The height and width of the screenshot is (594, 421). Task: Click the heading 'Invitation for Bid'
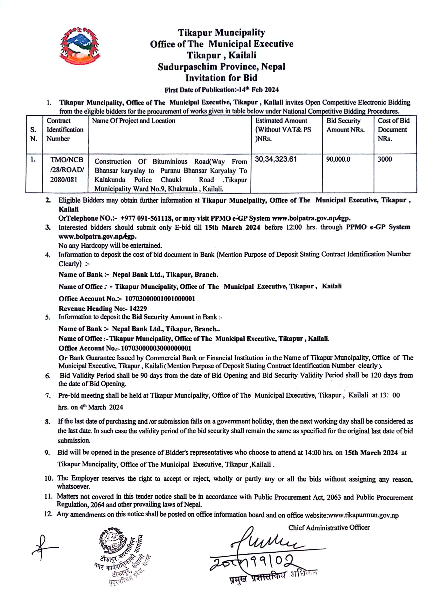(x=221, y=78)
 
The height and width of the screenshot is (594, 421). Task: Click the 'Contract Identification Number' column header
(x=65, y=129)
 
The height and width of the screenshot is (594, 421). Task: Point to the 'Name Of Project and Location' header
(x=133, y=121)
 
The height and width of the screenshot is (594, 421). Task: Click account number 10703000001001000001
(x=160, y=299)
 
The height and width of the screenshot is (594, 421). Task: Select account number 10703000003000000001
(x=156, y=348)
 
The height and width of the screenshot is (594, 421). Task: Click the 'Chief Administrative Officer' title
(x=329, y=527)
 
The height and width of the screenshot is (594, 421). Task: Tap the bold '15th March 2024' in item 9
(x=371, y=453)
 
